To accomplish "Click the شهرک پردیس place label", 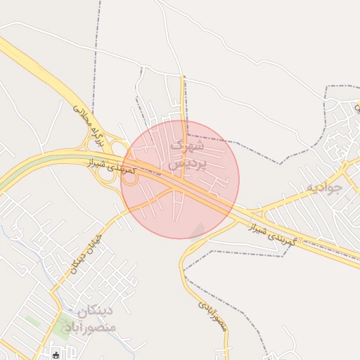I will coord(187,155).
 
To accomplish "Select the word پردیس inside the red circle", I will coord(186,165).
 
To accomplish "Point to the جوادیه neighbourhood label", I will coord(323,188).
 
